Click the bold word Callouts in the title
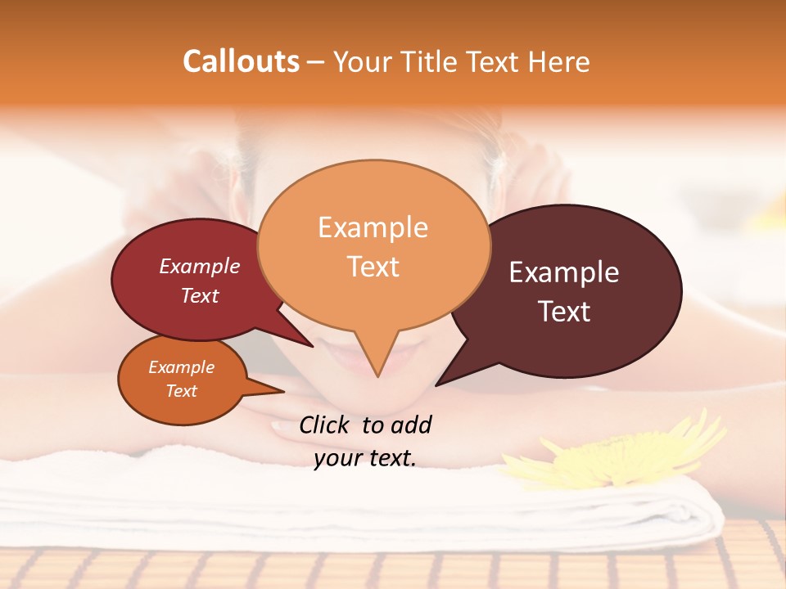coord(241,61)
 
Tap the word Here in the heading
coord(558,61)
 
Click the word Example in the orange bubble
coord(373,227)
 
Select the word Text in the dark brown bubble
coord(565,312)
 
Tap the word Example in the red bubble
coord(199,266)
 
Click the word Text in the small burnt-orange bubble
coord(182,391)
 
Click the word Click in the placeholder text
coord(323,425)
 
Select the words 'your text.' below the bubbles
coord(365,458)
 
